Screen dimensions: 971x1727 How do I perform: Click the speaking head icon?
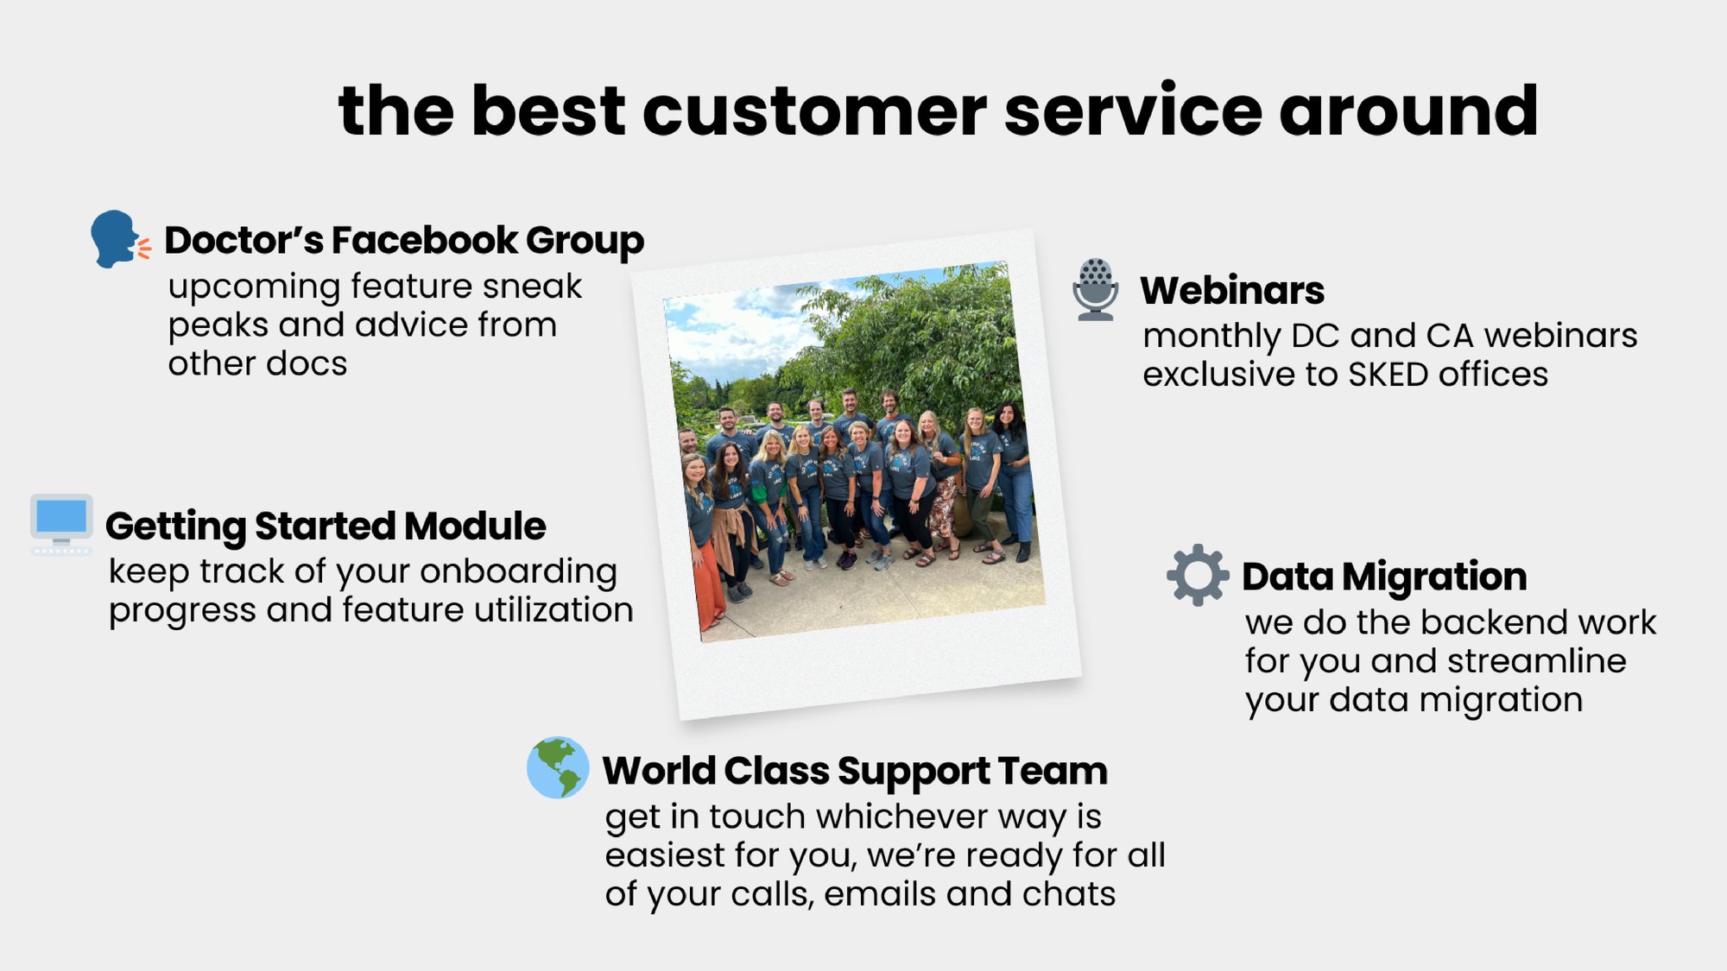pos(118,238)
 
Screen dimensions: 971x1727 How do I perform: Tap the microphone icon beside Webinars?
pos(1095,289)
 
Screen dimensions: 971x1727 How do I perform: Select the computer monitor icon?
pos(61,524)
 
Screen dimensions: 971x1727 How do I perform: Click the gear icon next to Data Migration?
pos(1197,574)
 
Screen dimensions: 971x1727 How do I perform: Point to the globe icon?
pos(558,767)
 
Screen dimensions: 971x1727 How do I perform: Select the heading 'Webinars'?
pos(1231,290)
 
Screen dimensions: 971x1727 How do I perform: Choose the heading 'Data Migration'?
pos(1383,577)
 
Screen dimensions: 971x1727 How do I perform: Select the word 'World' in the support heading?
pos(658,770)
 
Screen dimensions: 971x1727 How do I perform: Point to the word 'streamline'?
pos(1536,661)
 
